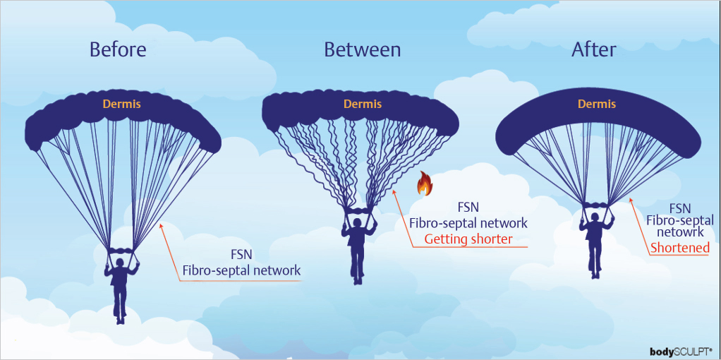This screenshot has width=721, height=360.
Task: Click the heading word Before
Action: pyautogui.click(x=118, y=49)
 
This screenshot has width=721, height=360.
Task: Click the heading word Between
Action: pyautogui.click(x=362, y=49)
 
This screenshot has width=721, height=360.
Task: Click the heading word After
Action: pyautogui.click(x=593, y=49)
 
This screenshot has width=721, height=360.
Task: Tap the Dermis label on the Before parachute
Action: pyautogui.click(x=121, y=104)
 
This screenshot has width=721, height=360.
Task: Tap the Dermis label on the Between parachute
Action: pyautogui.click(x=362, y=104)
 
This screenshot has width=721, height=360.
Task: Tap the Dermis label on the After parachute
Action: pyautogui.click(x=596, y=104)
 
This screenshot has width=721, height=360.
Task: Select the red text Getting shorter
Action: pyautogui.click(x=468, y=239)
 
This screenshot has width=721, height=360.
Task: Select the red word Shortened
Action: pyautogui.click(x=679, y=248)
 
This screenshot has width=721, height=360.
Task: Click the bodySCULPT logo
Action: pyautogui.click(x=680, y=351)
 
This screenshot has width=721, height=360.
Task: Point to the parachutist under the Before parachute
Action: pyautogui.click(x=121, y=286)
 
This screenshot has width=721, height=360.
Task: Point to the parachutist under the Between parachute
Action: pyautogui.click(x=358, y=247)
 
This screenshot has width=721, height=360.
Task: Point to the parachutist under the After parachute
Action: pyautogui.click(x=595, y=236)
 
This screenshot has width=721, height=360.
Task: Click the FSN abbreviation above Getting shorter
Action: pyautogui.click(x=468, y=208)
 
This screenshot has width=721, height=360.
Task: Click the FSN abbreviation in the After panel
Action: pyautogui.click(x=679, y=208)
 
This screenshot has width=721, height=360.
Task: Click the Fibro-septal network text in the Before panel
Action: pyautogui.click(x=241, y=270)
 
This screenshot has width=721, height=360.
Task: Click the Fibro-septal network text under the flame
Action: pyautogui.click(x=468, y=223)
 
